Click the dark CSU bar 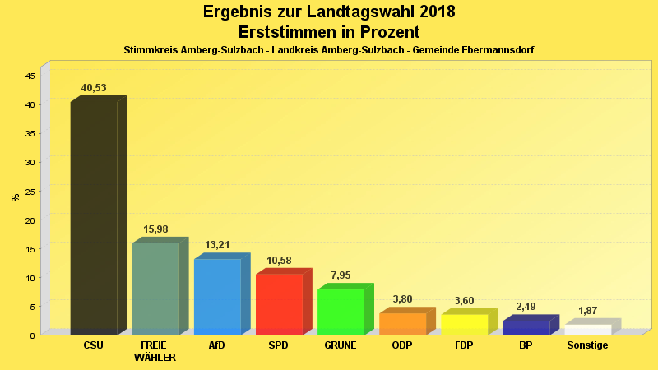pos(94,218)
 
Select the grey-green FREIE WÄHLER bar pos(155,288)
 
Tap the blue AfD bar pos(217,296)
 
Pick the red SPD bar pos(279,303)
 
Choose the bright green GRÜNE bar pos(341,312)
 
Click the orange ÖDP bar pos(402,323)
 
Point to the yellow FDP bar pos(464,324)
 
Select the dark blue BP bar pos(526,327)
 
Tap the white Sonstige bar pos(587,329)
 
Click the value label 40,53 pos(94,88)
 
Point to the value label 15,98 pos(155,229)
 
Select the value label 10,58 pos(279,261)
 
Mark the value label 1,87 pos(587,311)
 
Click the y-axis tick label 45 pos(30,76)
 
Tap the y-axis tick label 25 pos(30,191)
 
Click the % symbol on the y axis pos(15,197)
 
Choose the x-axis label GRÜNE pos(341,345)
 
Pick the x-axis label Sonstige pos(587,345)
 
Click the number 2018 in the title pos(431,12)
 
